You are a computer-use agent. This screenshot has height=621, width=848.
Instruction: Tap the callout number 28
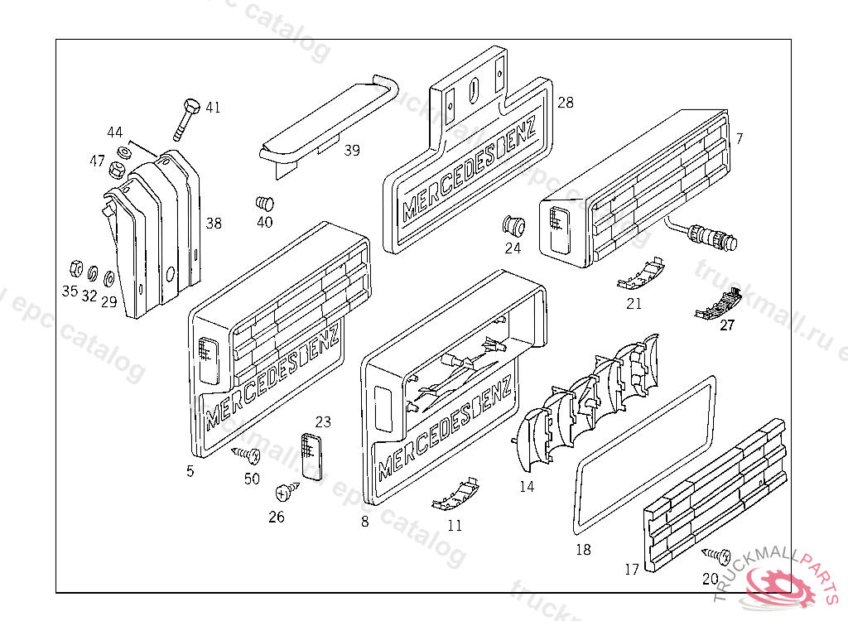[566, 103]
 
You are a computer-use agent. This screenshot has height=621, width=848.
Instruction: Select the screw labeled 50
[247, 454]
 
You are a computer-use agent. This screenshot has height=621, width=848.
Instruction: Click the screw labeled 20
[717, 554]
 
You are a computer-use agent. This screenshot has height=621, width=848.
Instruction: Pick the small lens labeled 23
[311, 455]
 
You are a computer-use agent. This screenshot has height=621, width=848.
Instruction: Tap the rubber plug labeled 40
[266, 203]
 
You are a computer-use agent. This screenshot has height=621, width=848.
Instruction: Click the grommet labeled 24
[514, 224]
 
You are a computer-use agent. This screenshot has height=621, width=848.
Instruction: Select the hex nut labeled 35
[72, 268]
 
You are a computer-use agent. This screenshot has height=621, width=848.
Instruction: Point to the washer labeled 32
[92, 272]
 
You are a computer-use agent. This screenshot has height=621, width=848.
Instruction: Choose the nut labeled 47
[118, 171]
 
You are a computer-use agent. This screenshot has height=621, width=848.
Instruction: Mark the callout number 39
[352, 150]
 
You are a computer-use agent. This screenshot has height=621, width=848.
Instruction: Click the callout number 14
[527, 487]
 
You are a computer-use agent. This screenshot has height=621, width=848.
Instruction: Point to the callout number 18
[583, 549]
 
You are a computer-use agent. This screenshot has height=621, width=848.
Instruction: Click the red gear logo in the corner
[783, 585]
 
